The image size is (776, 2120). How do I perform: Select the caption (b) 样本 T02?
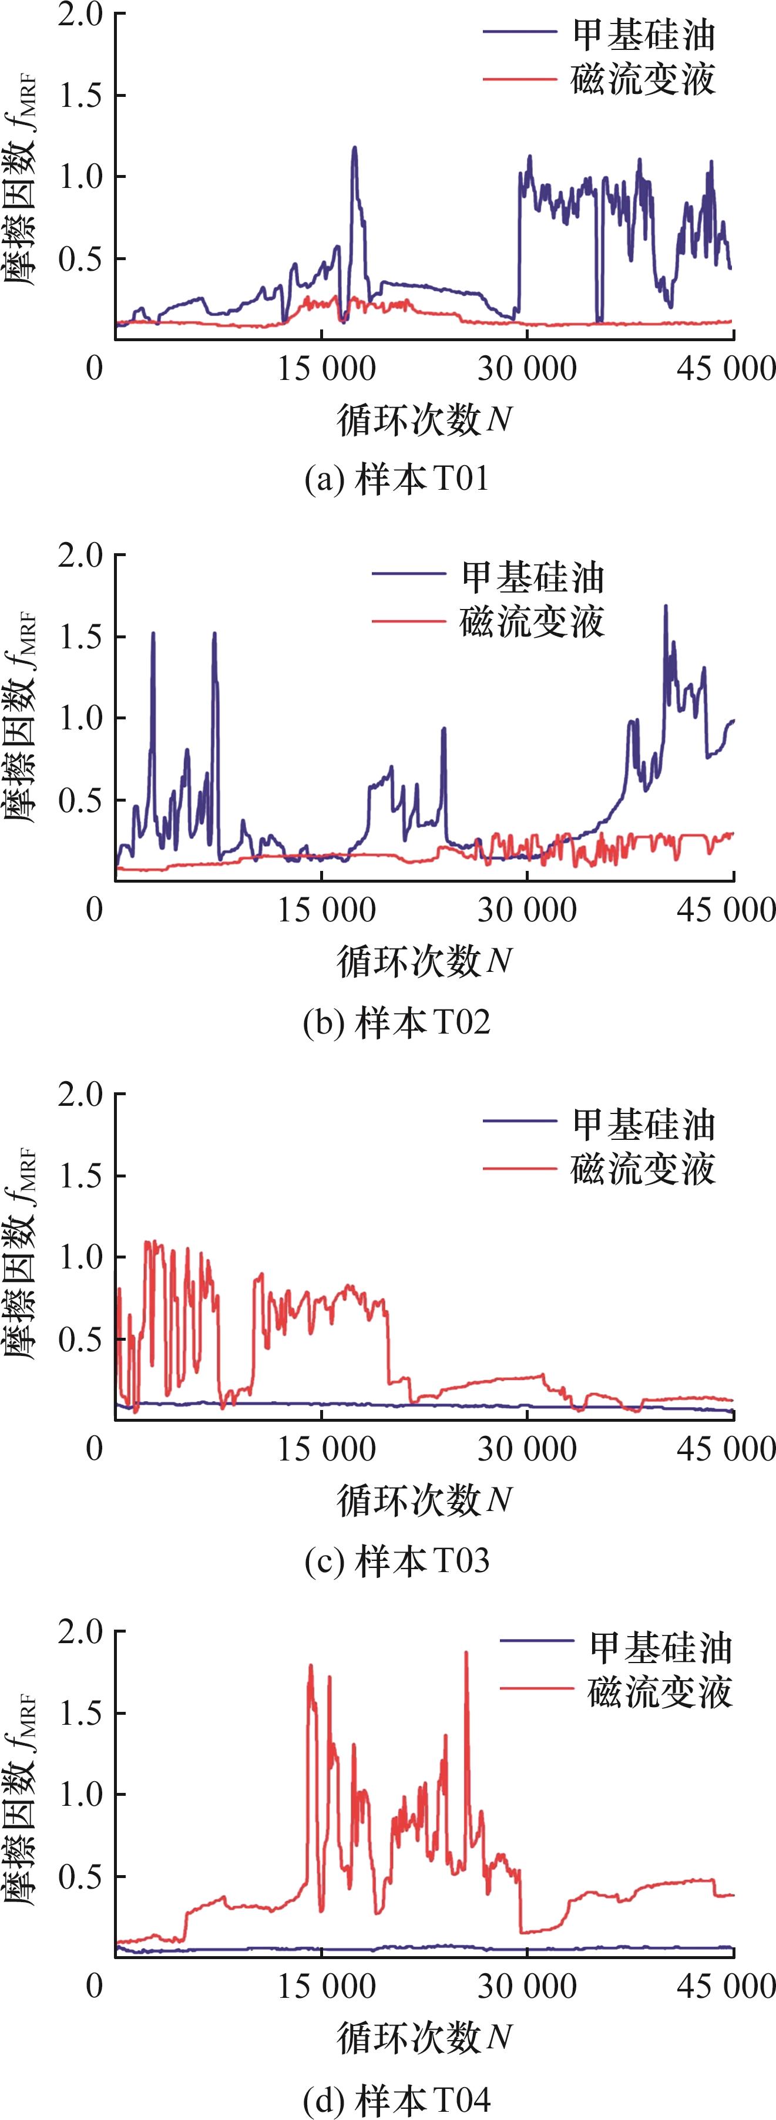(x=396, y=1022)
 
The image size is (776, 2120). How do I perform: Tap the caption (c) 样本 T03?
(x=396, y=1560)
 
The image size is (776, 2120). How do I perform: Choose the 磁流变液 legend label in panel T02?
(x=532, y=622)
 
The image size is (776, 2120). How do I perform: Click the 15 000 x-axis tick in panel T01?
(x=326, y=368)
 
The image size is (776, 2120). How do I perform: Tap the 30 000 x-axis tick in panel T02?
(x=528, y=910)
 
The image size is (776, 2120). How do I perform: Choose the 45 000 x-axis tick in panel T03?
(x=727, y=1448)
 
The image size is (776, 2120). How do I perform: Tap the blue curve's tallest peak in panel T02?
(x=666, y=607)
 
